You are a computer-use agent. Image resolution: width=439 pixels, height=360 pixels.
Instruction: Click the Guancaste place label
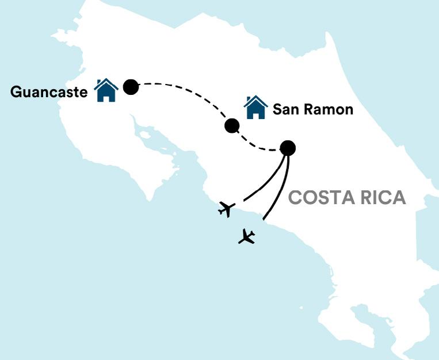coord(49,92)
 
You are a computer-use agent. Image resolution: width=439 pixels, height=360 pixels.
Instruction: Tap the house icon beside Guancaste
coord(106,91)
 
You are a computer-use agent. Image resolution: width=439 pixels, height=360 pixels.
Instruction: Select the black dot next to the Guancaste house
coord(131,87)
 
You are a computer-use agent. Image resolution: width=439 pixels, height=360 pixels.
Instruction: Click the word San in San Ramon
coord(285,109)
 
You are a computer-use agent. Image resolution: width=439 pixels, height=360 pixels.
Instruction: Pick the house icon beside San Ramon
coord(255,108)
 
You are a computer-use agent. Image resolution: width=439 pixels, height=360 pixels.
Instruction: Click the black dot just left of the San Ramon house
coord(232,125)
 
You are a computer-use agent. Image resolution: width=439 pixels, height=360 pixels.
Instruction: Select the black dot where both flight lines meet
coord(288,148)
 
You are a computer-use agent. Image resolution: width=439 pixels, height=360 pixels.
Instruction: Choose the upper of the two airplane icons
coord(227,209)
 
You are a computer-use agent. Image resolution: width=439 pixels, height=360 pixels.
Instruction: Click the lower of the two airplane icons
coord(247,236)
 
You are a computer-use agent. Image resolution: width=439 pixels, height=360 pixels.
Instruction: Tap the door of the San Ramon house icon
coord(256,114)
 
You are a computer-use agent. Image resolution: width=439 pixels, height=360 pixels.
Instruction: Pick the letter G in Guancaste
coord(16,92)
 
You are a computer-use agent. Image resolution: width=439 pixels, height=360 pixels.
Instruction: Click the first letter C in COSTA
coord(295,198)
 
